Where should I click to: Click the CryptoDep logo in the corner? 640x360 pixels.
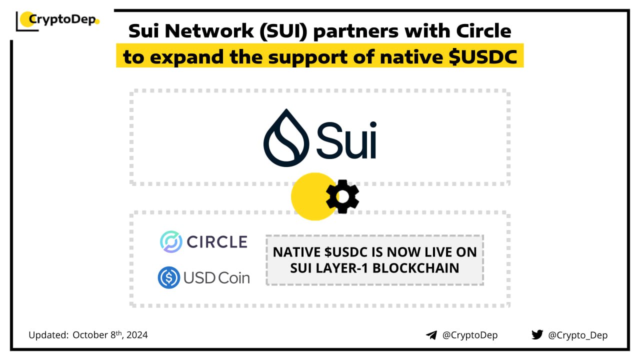57,20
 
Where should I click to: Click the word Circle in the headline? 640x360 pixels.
483,31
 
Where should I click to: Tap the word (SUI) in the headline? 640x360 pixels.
283,31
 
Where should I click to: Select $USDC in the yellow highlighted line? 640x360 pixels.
483,56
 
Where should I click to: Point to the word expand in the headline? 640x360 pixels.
187,57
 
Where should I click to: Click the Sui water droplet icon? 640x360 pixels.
286,137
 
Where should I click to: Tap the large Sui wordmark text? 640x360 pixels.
346,140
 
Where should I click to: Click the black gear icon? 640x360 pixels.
342,196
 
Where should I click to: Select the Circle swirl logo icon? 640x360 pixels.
171,241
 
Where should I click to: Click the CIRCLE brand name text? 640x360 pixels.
217,242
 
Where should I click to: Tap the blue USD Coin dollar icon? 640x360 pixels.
169,277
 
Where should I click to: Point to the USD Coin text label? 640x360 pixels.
216,278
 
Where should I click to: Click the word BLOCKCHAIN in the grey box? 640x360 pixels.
415,268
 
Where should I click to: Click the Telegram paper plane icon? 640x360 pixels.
431,335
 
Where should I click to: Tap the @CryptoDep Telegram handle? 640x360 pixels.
470,335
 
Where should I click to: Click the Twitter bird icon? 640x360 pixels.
537,334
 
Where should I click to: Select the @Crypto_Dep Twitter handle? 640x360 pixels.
577,335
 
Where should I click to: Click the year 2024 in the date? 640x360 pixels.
137,335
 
